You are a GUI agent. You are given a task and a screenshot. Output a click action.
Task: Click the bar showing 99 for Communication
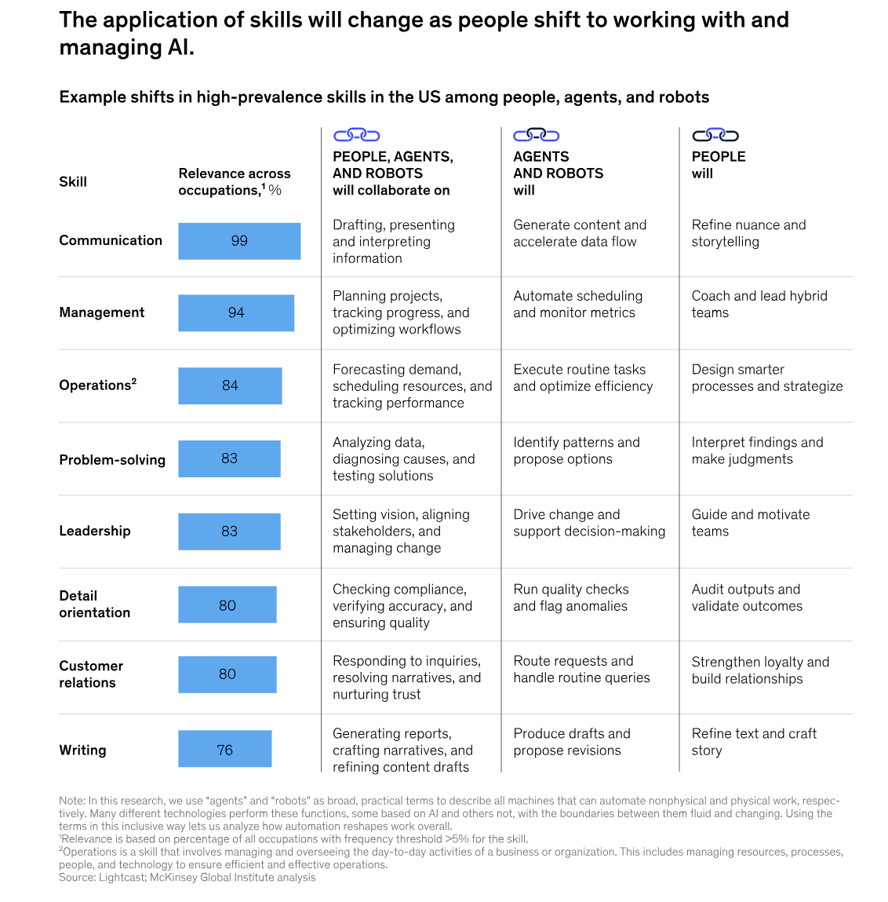(x=239, y=241)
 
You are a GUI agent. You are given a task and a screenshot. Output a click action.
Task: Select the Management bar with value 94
(x=236, y=312)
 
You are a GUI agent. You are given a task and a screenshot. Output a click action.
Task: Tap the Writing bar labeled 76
(x=224, y=750)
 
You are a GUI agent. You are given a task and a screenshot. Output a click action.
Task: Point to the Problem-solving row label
(x=112, y=459)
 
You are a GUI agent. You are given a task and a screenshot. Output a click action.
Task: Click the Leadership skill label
(x=95, y=531)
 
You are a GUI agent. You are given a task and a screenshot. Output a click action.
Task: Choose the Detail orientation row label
(x=94, y=604)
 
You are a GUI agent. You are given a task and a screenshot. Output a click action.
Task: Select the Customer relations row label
(x=91, y=674)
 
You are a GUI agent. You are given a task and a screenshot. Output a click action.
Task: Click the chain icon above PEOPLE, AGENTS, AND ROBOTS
(x=356, y=135)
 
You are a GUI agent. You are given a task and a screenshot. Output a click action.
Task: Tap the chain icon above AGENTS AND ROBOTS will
(x=536, y=135)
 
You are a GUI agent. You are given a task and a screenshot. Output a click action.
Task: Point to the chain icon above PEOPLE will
(x=715, y=135)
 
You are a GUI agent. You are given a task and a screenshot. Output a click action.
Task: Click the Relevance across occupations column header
(x=234, y=181)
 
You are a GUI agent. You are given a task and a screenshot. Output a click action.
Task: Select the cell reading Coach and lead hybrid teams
(x=759, y=304)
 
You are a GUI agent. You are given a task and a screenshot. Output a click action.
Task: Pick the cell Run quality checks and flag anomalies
(x=571, y=597)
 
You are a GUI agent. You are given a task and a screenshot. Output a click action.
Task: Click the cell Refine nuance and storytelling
(x=748, y=233)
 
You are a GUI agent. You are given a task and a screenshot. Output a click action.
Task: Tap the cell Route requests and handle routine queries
(x=581, y=670)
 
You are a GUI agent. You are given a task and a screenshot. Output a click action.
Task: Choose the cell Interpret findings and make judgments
(x=757, y=451)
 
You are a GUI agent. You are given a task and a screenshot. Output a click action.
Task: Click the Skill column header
(x=73, y=181)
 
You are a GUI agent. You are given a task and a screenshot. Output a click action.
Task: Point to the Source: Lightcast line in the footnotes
(x=187, y=878)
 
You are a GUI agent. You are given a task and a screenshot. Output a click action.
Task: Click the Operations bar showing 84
(x=230, y=385)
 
